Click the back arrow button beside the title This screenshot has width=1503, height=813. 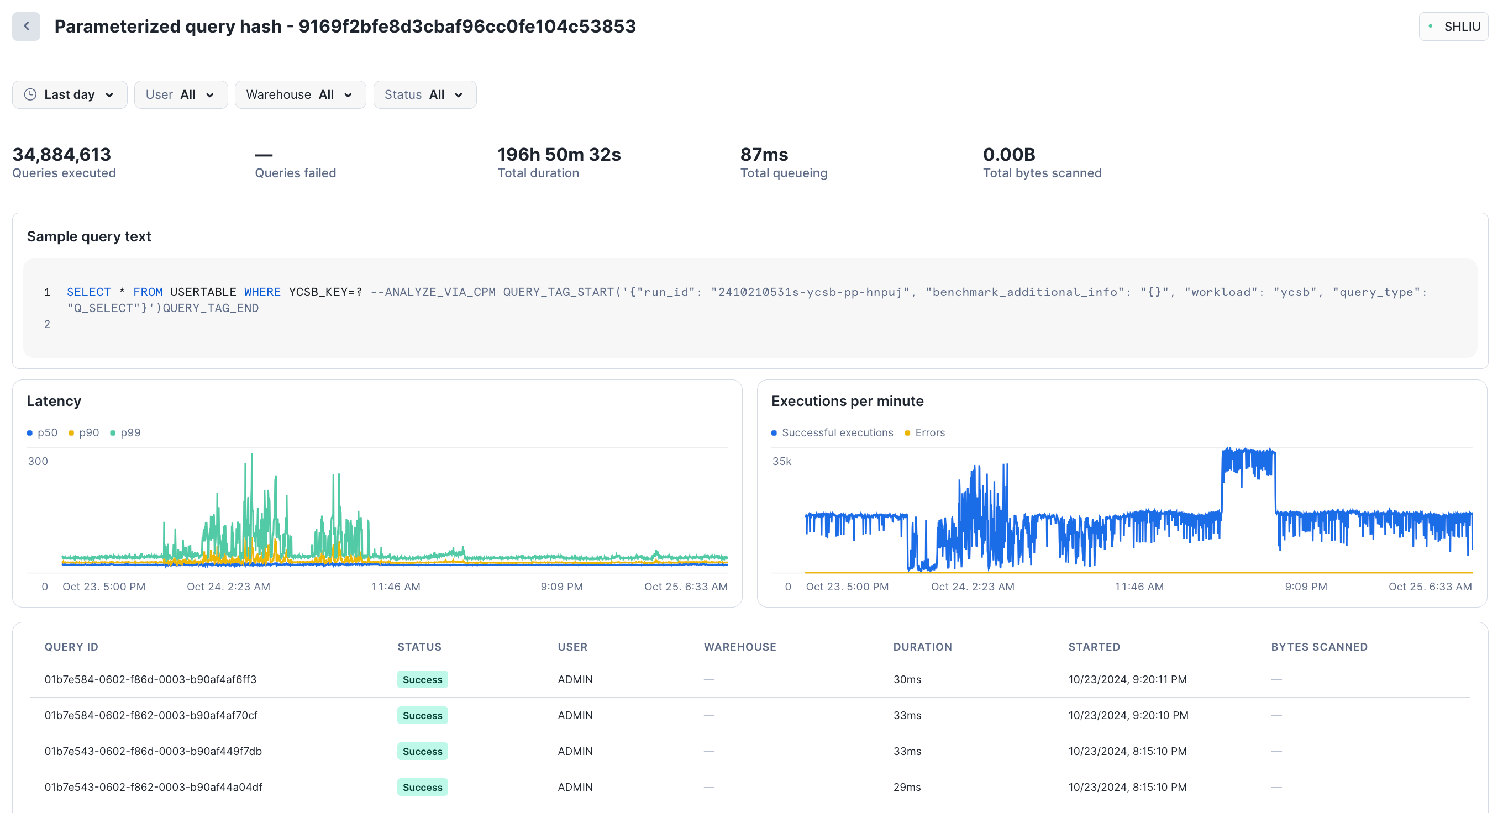[x=27, y=27]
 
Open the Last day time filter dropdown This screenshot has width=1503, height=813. [x=70, y=94]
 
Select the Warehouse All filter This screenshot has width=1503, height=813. [x=300, y=94]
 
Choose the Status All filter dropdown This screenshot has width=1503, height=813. [x=424, y=94]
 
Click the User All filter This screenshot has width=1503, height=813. [x=180, y=94]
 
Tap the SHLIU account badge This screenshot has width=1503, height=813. [x=1453, y=27]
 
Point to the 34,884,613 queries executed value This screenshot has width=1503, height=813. [x=62, y=155]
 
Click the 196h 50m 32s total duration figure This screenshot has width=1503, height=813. [x=558, y=155]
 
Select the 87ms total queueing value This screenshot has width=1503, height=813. [x=764, y=155]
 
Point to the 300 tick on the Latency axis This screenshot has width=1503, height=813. [x=38, y=461]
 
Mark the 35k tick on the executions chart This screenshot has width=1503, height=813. [x=782, y=461]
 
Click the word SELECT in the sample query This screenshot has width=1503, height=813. [x=88, y=292]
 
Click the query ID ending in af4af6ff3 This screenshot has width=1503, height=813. [x=150, y=679]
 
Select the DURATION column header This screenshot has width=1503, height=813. [x=922, y=647]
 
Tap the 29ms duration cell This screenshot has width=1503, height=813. [x=907, y=786]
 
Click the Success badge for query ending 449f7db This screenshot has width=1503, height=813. [x=422, y=751]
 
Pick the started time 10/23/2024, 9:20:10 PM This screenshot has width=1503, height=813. [x=1128, y=715]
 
